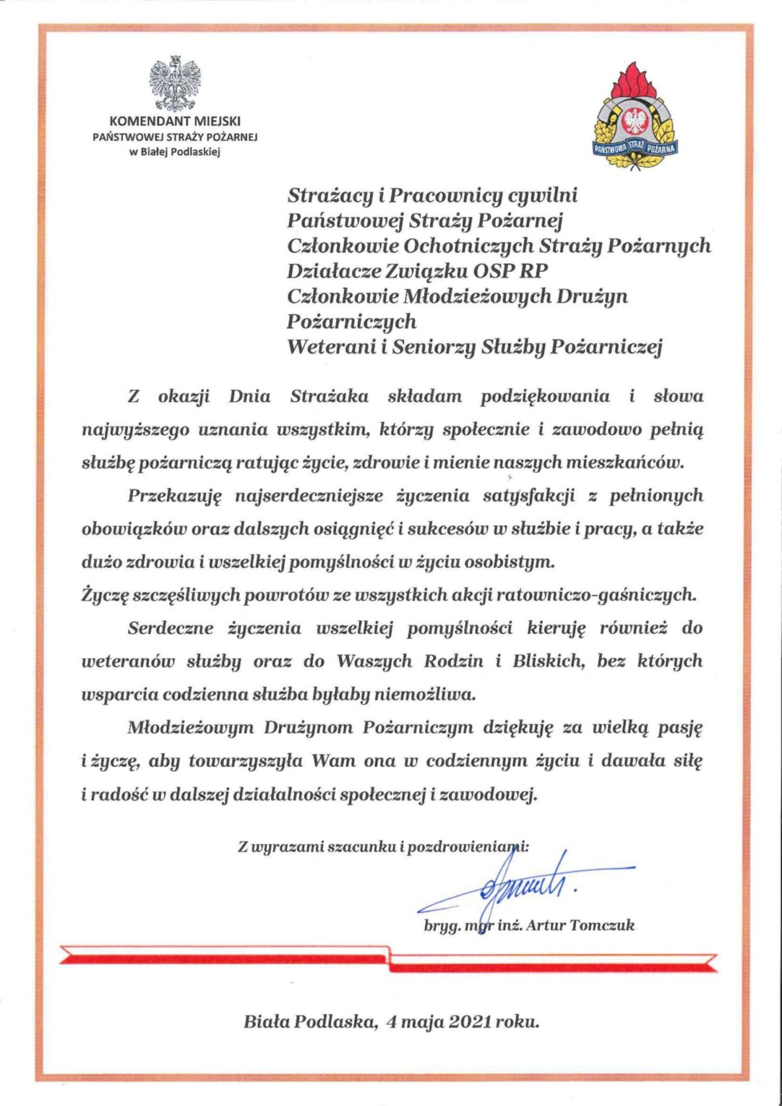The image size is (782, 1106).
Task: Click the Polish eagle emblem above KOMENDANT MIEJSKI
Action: (175, 84)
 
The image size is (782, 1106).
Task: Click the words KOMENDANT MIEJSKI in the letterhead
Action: (175, 121)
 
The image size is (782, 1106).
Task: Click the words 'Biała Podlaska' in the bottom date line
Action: (311, 1021)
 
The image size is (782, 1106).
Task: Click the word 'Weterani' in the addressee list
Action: (330, 346)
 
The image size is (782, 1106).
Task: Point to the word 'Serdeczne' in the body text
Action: (171, 629)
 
